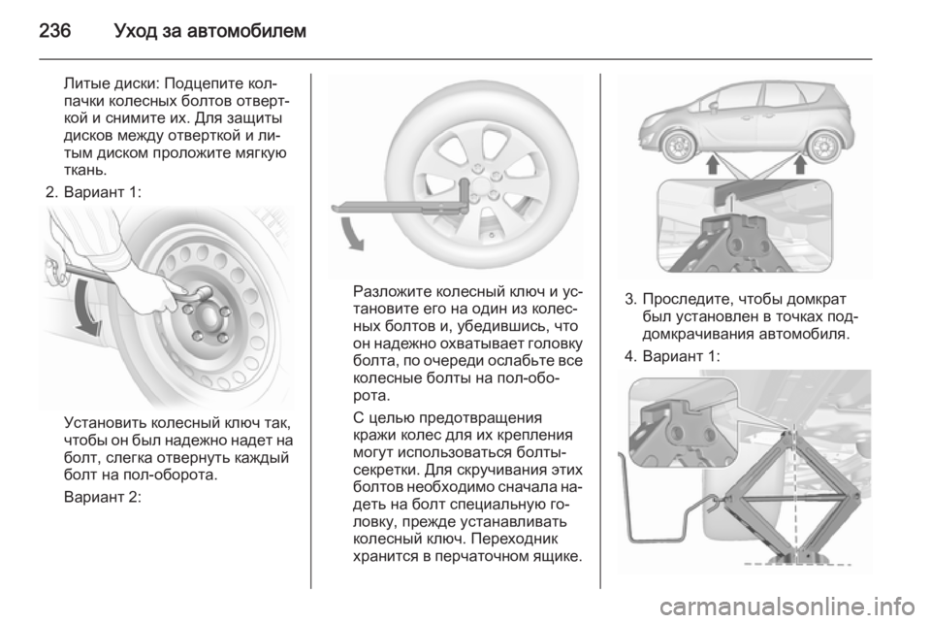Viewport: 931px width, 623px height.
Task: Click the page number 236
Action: point(54,30)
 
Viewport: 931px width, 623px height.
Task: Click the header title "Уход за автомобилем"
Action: point(209,30)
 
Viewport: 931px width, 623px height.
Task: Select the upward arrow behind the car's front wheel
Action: point(713,164)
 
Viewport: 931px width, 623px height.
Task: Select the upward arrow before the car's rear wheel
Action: point(799,164)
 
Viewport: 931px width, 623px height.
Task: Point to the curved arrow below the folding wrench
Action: point(350,233)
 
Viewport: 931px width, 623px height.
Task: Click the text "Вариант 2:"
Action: point(102,496)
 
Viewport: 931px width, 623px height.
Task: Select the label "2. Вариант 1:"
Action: point(93,192)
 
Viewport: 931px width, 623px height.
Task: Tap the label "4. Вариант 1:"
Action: point(672,356)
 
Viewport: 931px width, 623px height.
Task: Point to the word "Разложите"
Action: point(392,292)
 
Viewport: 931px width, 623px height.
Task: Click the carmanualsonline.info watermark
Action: point(789,607)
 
